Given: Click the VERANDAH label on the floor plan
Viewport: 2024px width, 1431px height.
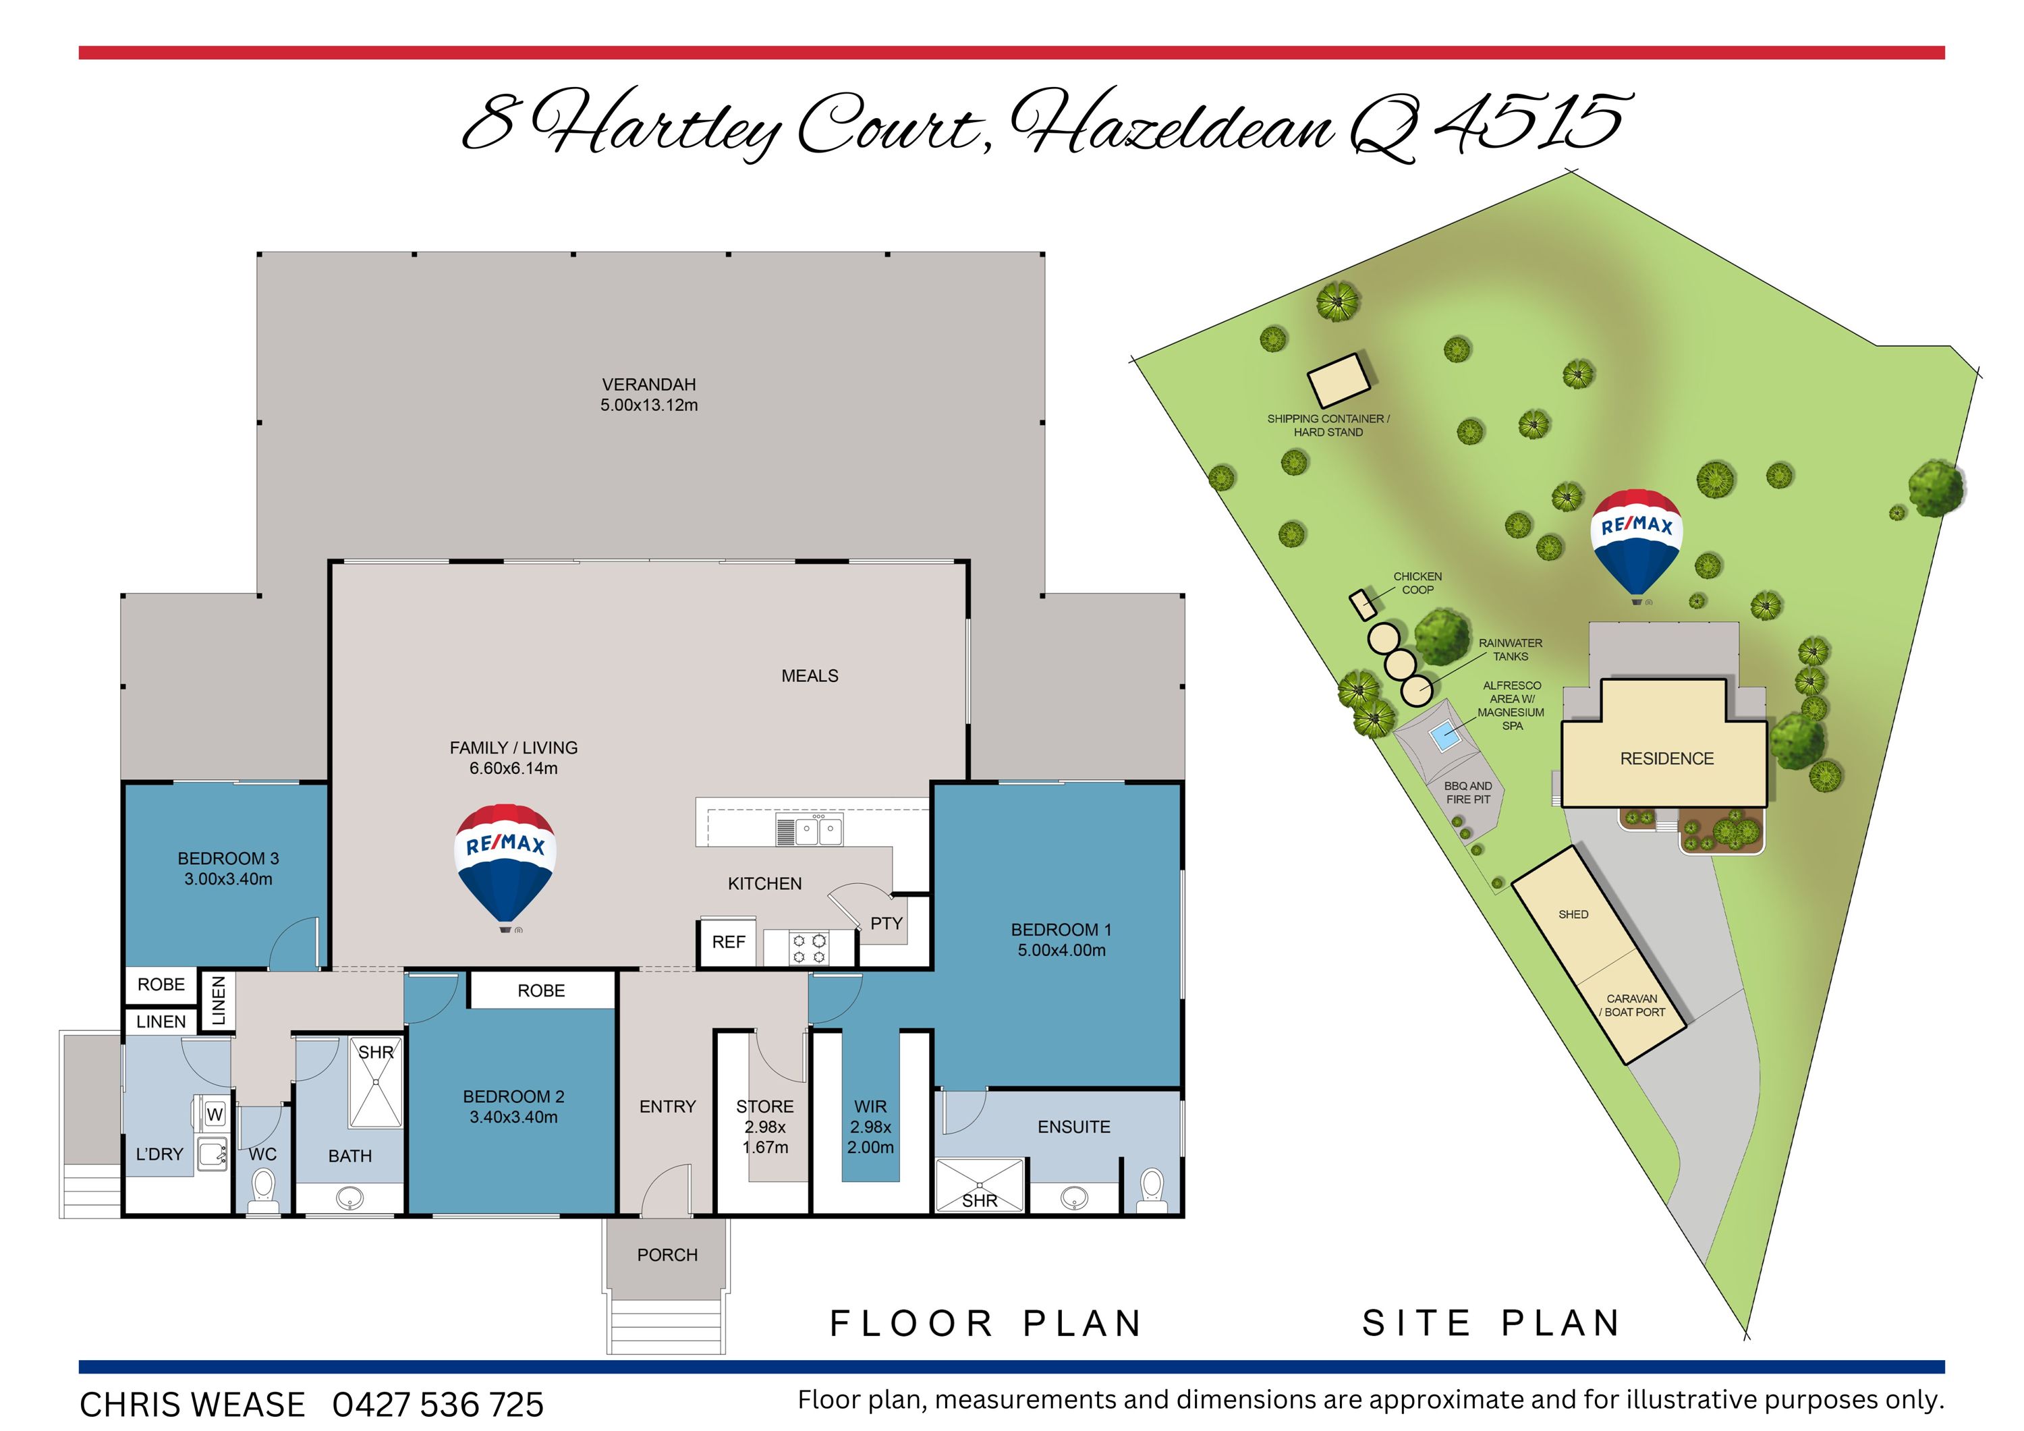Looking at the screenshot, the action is (x=649, y=385).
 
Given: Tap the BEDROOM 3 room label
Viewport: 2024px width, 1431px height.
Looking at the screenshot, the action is (x=228, y=858).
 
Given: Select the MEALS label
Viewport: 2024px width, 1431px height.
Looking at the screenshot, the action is (x=809, y=676).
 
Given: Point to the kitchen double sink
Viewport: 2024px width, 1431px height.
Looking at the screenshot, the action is (x=819, y=830).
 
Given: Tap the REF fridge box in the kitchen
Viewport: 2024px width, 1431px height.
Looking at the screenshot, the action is (x=728, y=943).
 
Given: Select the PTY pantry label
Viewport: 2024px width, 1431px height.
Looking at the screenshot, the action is (x=886, y=923).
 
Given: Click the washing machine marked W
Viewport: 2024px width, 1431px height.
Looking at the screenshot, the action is (x=215, y=1115).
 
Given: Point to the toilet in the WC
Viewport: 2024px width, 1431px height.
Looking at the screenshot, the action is (x=262, y=1189).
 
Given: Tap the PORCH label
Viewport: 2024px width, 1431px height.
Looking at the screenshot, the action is (x=667, y=1255).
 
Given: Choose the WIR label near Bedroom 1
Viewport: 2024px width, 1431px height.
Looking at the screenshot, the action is (x=870, y=1106).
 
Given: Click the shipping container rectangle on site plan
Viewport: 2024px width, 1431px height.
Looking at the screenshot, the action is (x=1338, y=380).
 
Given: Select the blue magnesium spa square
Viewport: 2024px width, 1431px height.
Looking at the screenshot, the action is (x=1444, y=735).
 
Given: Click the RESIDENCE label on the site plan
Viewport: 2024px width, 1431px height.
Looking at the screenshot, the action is (x=1667, y=759).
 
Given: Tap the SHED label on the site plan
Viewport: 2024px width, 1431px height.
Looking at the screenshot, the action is (x=1573, y=914).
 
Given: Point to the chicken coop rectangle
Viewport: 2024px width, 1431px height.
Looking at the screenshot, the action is (x=1363, y=604).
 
